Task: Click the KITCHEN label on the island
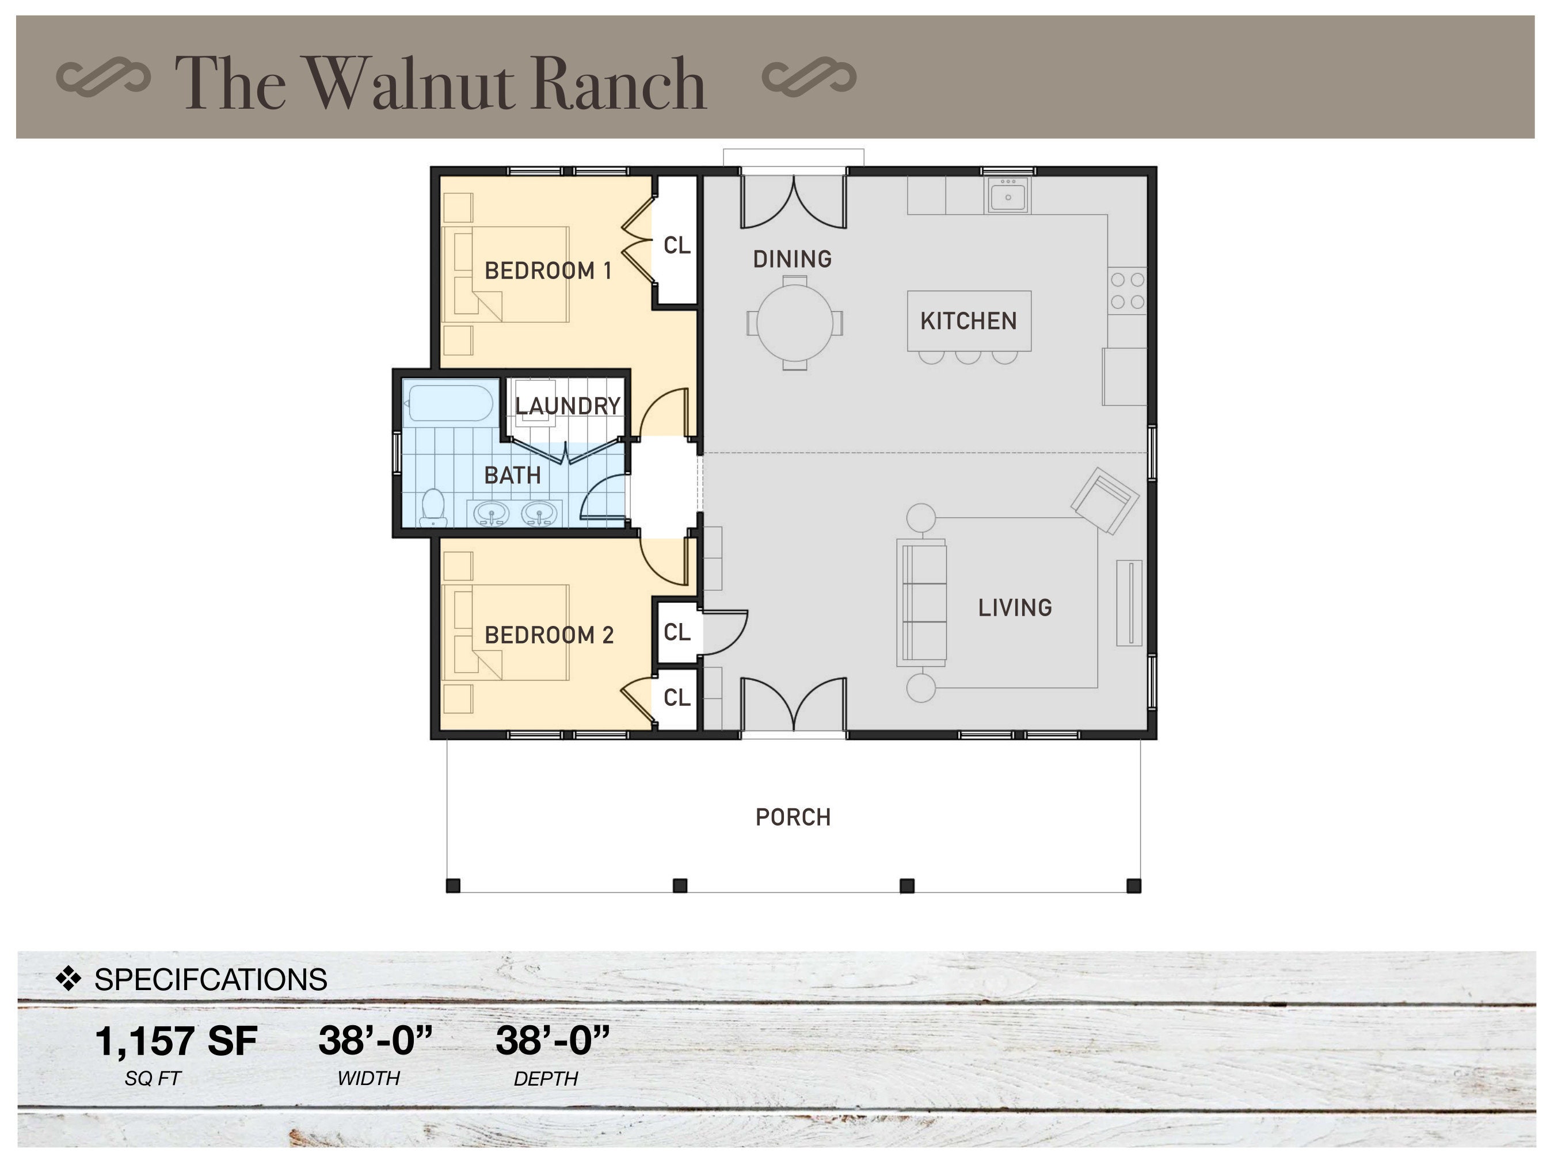click(x=968, y=321)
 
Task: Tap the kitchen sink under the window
click(x=1008, y=194)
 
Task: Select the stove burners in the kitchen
click(x=1127, y=291)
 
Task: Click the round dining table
click(x=795, y=323)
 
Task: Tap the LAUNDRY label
click(x=567, y=406)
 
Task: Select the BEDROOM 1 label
click(x=548, y=270)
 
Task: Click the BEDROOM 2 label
click(x=549, y=635)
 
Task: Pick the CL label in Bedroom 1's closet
click(x=676, y=245)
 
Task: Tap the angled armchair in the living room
click(x=1104, y=501)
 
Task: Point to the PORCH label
click(x=793, y=817)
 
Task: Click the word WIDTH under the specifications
click(x=368, y=1078)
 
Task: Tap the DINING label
click(x=792, y=259)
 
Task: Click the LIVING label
click(x=1015, y=608)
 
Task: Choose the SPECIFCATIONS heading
click(x=210, y=979)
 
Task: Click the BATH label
click(x=512, y=475)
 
